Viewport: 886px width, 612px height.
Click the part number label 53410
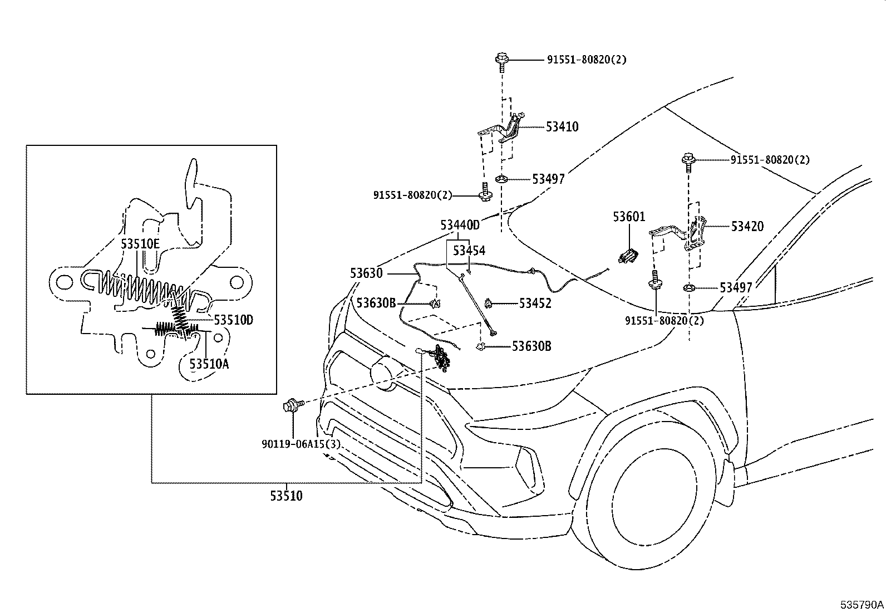coord(562,126)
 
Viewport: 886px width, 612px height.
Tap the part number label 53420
coord(747,227)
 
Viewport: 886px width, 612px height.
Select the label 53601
coord(629,217)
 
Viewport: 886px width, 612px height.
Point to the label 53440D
coord(460,225)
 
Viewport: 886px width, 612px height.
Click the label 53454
coord(469,251)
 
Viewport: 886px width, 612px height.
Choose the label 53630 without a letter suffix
coord(366,273)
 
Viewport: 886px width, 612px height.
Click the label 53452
coord(535,303)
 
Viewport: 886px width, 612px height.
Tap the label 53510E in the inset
coord(140,244)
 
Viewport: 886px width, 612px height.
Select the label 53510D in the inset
coord(233,320)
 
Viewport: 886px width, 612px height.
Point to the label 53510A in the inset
coord(209,364)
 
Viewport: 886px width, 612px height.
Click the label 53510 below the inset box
coord(287,496)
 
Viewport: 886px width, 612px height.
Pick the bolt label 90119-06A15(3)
coord(301,444)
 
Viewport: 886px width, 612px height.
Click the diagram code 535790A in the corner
coord(862,605)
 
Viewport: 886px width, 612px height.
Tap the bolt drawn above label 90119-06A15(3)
coord(293,406)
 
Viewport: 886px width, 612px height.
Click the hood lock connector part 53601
coord(628,256)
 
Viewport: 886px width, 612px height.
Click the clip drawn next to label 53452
coord(489,303)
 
